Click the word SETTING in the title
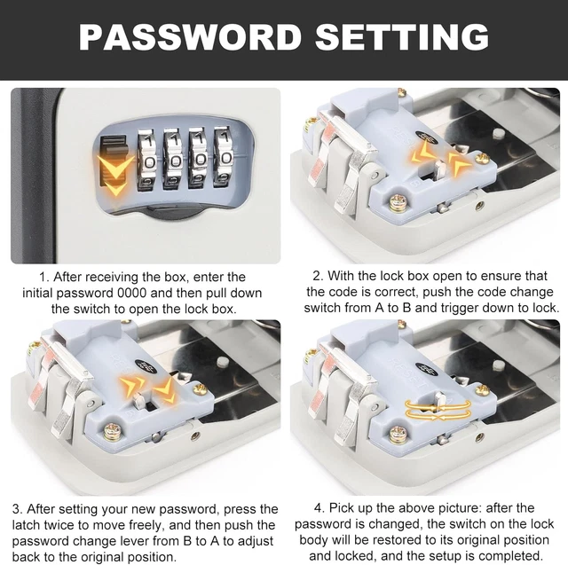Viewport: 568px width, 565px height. tap(402, 36)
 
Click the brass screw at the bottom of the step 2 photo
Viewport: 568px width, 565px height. tap(398, 202)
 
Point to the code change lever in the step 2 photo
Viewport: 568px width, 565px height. tap(441, 169)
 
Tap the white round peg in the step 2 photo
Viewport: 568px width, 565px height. tap(500, 132)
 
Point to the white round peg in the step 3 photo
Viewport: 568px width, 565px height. tap(221, 362)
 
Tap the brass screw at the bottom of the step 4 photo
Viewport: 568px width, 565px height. tap(398, 433)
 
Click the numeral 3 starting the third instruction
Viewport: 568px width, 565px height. tap(16, 509)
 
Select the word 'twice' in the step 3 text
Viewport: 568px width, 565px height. tap(63, 525)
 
